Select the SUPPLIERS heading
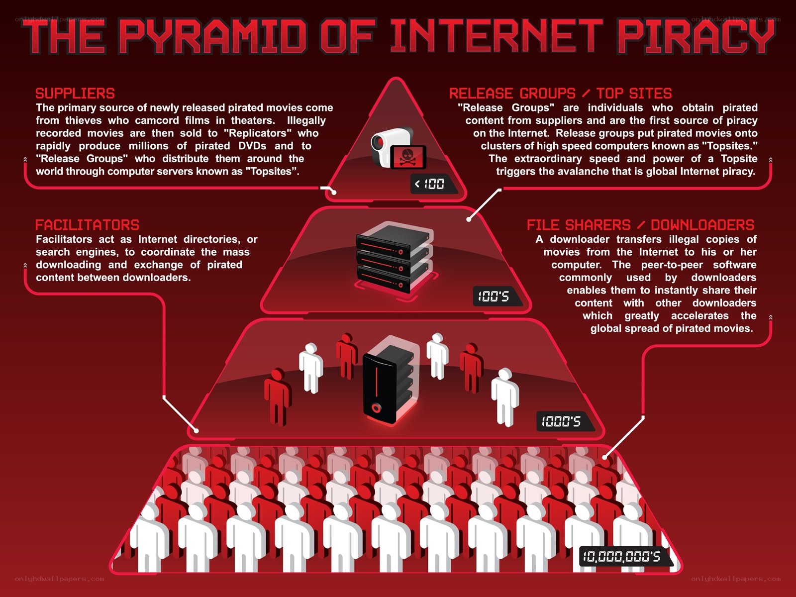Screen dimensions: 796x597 point(75,94)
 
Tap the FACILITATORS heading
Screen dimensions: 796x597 point(88,225)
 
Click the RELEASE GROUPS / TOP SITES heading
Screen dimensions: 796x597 point(560,94)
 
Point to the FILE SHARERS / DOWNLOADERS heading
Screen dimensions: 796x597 point(640,225)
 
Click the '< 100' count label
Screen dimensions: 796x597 point(430,184)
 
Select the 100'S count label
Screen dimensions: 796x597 point(494,297)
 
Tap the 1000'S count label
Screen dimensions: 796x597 point(561,421)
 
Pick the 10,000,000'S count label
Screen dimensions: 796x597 point(622,556)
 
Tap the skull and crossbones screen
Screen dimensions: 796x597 point(408,157)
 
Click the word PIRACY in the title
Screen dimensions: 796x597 point(696,36)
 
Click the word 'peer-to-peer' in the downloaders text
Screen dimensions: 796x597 point(672,265)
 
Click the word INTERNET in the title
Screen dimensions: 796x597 point(497,36)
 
